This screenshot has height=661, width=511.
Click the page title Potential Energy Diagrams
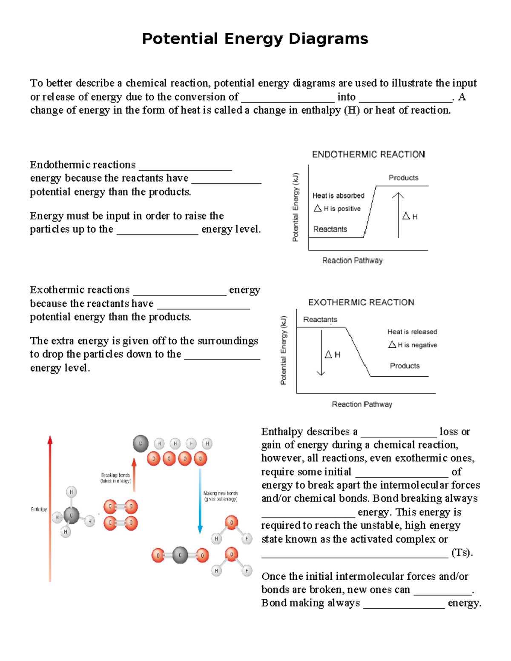click(x=255, y=39)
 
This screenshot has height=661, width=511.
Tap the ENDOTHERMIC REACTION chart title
click(x=368, y=155)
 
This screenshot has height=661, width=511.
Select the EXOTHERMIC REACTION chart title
click(x=361, y=303)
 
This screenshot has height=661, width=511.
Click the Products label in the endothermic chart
click(x=403, y=178)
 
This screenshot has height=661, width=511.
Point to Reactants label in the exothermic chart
click(x=320, y=320)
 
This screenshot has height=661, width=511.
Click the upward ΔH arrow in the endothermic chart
click(x=398, y=215)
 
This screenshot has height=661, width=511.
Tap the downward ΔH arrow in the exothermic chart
click(x=321, y=353)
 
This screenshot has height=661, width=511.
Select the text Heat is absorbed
click(x=338, y=196)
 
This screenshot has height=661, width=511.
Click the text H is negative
click(x=417, y=345)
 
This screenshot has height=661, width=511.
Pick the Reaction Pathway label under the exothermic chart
click(x=362, y=404)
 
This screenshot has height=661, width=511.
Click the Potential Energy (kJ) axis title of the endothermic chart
click(x=296, y=207)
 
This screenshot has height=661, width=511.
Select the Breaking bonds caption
click(x=115, y=478)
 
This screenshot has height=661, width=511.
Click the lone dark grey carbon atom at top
click(x=141, y=444)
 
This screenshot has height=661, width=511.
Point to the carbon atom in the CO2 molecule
click(x=180, y=555)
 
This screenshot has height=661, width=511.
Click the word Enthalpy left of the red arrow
click(x=39, y=509)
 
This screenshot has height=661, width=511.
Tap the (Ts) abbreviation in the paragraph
click(x=462, y=552)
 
